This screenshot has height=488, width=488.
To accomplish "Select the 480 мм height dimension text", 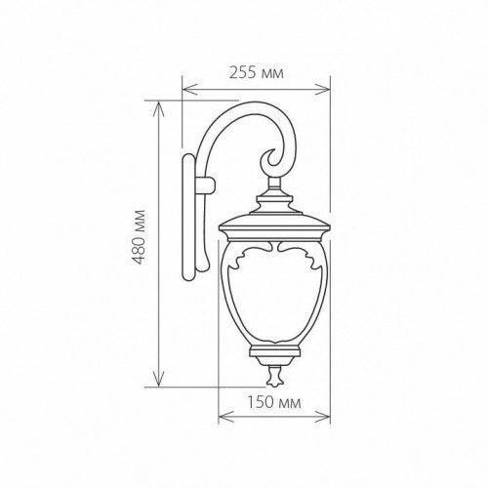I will [x=141, y=238].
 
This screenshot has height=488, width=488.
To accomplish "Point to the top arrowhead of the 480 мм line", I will [x=156, y=102].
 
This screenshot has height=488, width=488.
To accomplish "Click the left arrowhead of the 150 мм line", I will [x=221, y=418].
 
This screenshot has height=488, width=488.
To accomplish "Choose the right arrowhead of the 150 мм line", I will [x=329, y=418].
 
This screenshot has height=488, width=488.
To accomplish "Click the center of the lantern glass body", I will [x=274, y=293].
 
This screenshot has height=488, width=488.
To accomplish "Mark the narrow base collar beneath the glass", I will [x=274, y=348].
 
